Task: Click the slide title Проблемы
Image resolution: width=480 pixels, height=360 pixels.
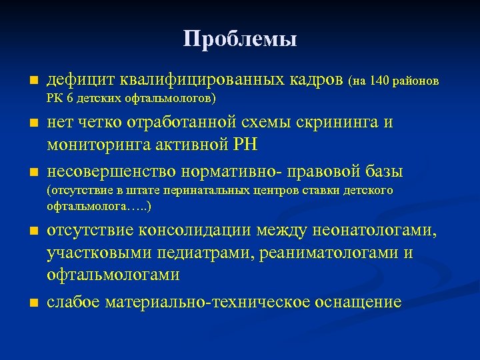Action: tap(240, 39)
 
